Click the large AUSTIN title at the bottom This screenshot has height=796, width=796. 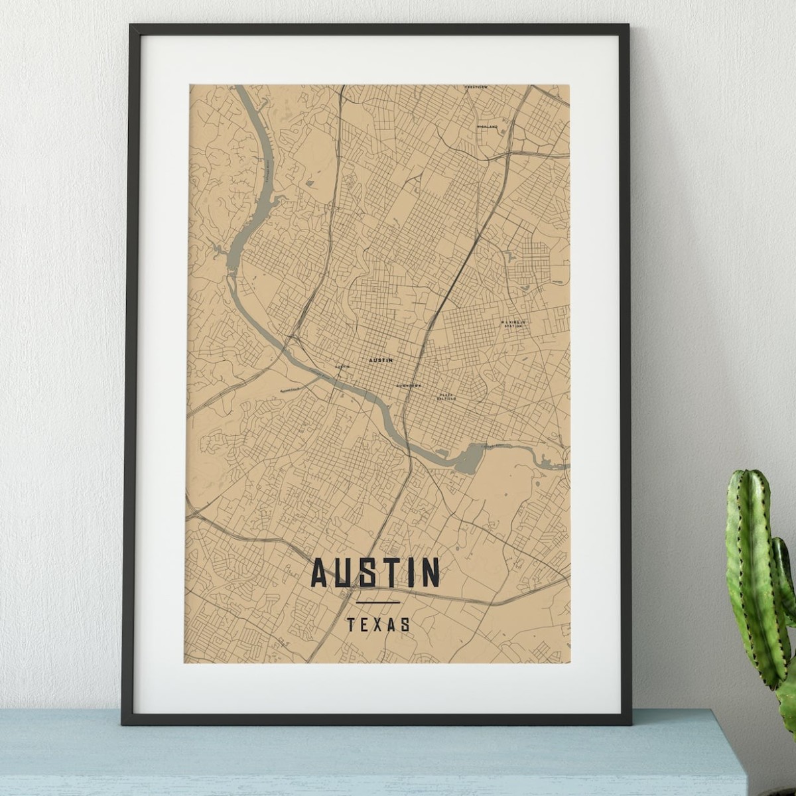[375, 572]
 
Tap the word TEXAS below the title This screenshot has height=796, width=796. [378, 624]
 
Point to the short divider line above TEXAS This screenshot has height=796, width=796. [378, 602]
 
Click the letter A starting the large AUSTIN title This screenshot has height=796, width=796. [320, 572]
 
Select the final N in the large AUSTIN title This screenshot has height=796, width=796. [430, 572]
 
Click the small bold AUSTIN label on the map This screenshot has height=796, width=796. [380, 360]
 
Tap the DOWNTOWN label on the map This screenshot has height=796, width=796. [409, 385]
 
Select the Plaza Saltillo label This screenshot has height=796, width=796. [446, 397]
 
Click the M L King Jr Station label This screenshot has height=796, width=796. [513, 324]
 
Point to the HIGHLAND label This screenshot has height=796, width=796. [487, 126]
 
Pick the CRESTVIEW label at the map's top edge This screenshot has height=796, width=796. [476, 87]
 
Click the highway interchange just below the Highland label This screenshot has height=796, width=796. [495, 155]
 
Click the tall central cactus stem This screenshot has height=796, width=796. [750, 570]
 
